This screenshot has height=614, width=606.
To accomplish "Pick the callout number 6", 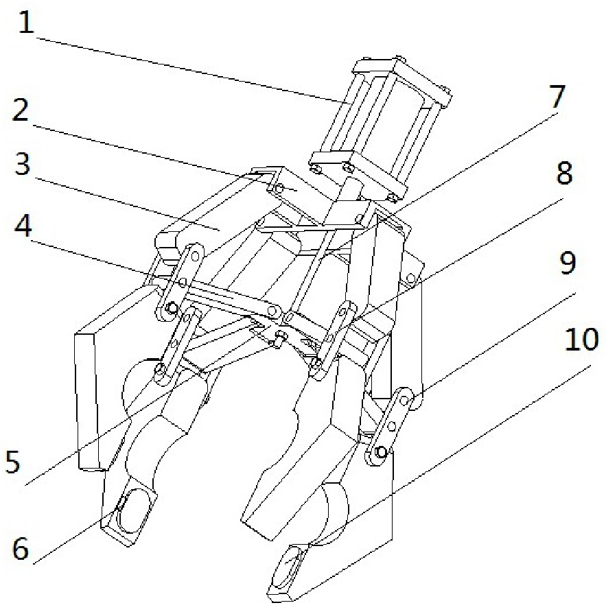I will tap(21, 548).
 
